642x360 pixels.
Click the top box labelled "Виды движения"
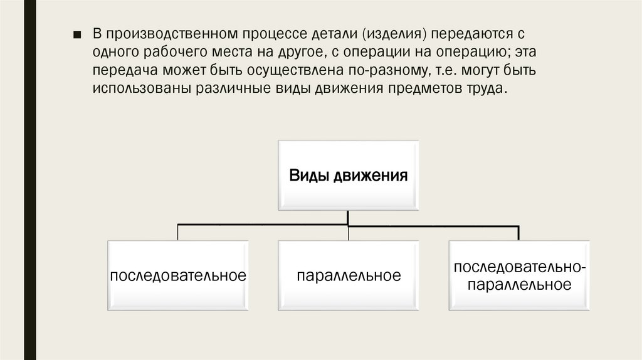348,175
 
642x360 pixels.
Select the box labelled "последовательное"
177,275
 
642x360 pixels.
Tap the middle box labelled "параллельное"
348,275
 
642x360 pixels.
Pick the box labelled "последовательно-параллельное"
519,275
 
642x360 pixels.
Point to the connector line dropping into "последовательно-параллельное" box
518,232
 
